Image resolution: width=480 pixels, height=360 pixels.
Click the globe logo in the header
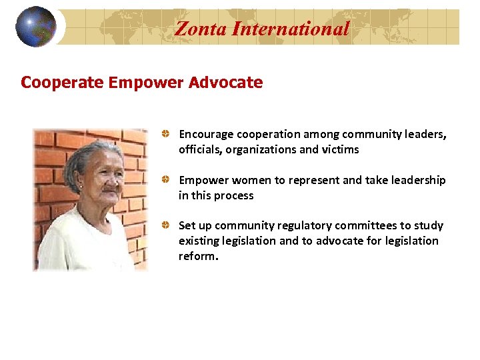[36, 27]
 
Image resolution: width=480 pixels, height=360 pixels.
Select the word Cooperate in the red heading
[62, 83]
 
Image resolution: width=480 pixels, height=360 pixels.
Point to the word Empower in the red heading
[145, 83]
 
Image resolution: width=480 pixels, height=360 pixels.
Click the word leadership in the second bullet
[419, 181]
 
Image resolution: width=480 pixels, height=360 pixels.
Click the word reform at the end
[197, 257]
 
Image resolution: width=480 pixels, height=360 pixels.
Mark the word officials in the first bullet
[200, 149]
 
